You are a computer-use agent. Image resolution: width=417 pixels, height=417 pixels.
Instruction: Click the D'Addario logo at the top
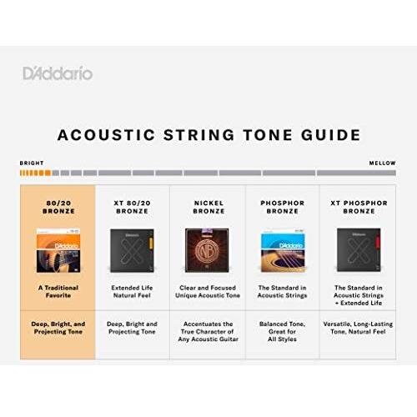tap(58, 73)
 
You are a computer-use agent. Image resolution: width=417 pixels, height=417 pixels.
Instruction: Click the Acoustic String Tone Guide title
tap(208, 134)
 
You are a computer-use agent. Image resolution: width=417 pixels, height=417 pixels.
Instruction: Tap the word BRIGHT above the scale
tap(32, 163)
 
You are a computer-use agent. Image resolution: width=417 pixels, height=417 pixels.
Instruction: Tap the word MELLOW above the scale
tap(383, 163)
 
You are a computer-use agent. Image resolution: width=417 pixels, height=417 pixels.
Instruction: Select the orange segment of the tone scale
tap(34, 173)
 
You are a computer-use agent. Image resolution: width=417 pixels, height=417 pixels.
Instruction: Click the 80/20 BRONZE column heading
tap(58, 208)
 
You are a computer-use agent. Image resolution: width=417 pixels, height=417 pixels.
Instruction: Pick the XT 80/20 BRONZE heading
tap(133, 208)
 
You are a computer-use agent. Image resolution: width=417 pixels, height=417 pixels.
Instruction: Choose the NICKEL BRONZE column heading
tap(208, 208)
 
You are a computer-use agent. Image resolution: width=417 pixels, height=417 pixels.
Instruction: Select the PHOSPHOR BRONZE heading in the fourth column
tap(282, 208)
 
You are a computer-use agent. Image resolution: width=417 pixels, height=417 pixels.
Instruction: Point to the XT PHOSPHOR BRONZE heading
tap(359, 208)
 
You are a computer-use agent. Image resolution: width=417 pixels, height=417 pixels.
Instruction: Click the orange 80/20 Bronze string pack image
tap(58, 251)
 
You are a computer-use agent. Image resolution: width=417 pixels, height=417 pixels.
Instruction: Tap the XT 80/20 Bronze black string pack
tap(133, 251)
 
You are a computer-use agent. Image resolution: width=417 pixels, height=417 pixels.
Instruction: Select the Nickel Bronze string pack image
tap(208, 251)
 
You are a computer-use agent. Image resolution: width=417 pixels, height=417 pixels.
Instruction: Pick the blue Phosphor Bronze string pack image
tap(282, 251)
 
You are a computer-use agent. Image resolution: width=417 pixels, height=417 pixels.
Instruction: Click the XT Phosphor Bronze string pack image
tap(359, 251)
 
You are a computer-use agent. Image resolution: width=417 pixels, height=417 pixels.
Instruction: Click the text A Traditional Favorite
tap(58, 291)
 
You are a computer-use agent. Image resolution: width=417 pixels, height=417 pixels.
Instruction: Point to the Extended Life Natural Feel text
tap(133, 291)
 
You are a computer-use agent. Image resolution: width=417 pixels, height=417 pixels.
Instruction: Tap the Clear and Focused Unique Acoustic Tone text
tap(208, 291)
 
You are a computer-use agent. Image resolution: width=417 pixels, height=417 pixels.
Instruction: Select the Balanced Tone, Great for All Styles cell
tap(282, 332)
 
